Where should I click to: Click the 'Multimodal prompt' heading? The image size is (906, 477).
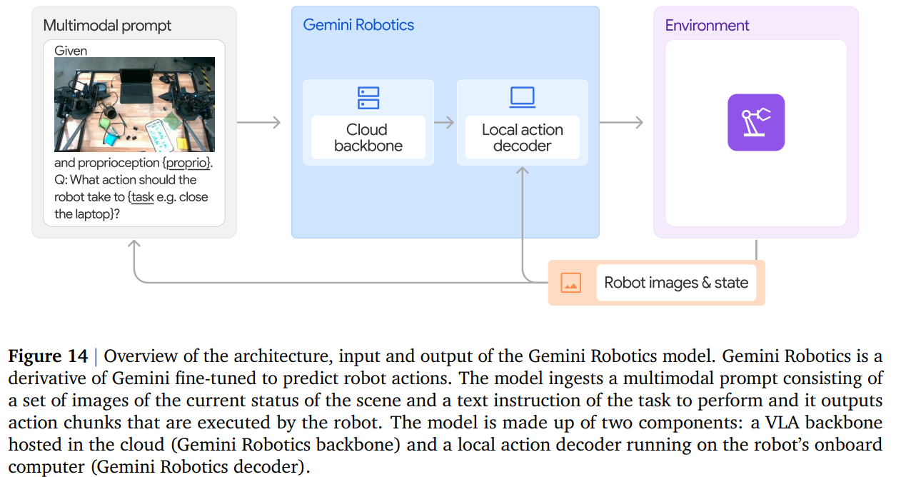(x=107, y=26)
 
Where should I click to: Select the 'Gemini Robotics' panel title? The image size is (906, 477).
(x=358, y=25)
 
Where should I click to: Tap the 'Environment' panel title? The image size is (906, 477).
(x=707, y=25)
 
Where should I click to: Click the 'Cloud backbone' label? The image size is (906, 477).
(x=368, y=138)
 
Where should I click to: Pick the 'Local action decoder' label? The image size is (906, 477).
(x=522, y=138)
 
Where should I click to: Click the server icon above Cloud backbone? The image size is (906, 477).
(x=368, y=98)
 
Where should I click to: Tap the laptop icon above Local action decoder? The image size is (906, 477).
(x=522, y=98)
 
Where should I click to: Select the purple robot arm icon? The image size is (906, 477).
(x=756, y=122)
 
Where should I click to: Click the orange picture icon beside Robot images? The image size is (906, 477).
(x=570, y=282)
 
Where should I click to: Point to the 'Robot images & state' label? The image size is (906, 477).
(x=676, y=282)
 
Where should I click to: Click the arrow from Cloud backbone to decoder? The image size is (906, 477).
(x=443, y=122)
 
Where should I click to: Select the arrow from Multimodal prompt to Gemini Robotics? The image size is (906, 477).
(x=258, y=122)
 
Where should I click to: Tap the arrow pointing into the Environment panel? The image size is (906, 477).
(x=621, y=122)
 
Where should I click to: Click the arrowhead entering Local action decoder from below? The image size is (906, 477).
(x=523, y=170)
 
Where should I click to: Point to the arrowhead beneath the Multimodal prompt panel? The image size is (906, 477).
(x=134, y=243)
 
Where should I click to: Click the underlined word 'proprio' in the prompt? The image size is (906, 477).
(x=187, y=163)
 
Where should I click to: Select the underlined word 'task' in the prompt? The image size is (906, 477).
(x=142, y=197)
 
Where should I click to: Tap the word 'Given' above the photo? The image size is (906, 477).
(x=71, y=51)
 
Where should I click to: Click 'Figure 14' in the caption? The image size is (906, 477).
(x=48, y=356)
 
